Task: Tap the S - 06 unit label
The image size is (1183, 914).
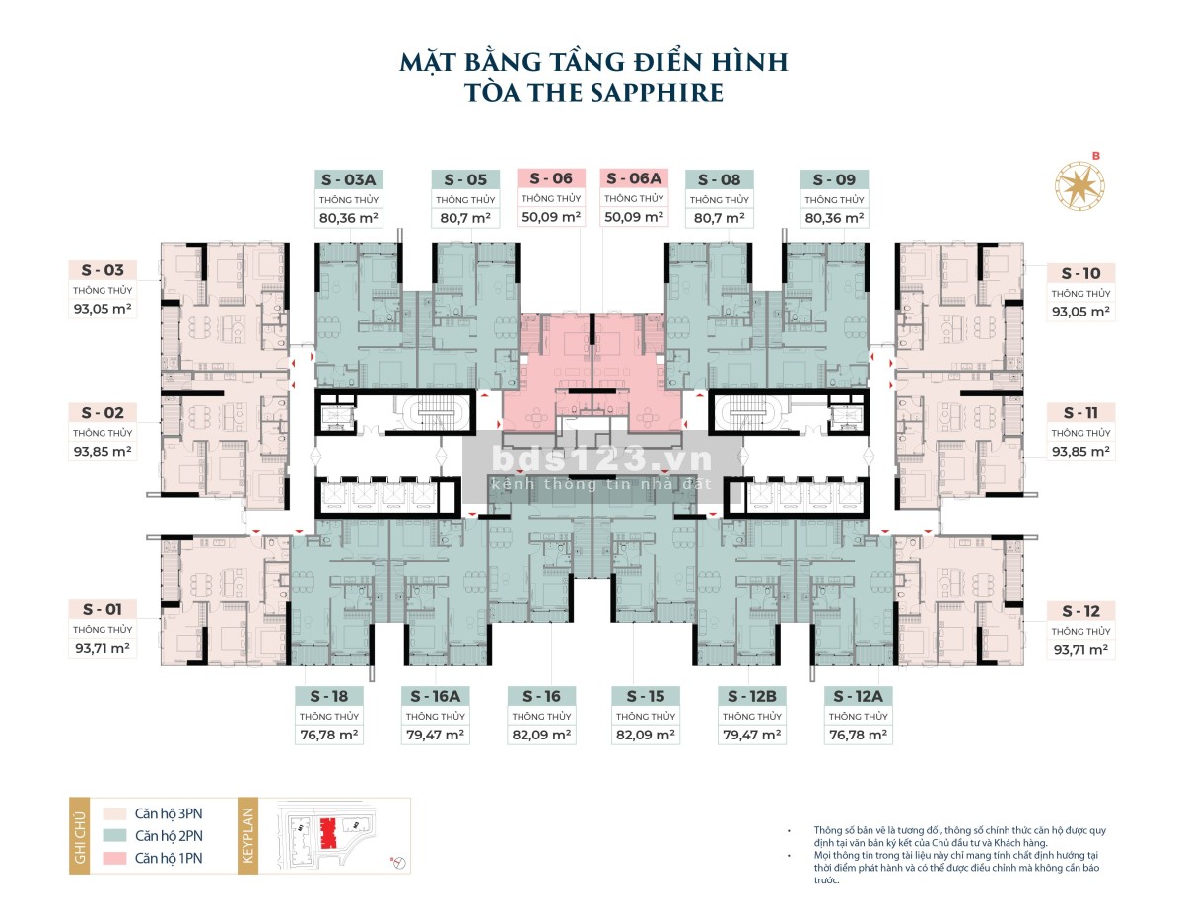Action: click(x=550, y=178)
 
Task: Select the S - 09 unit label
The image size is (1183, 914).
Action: click(x=834, y=179)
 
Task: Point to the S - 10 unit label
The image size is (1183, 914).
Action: click(x=1080, y=273)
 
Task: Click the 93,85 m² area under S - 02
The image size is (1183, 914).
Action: click(x=102, y=452)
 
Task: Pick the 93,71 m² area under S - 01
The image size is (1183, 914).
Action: click(x=102, y=649)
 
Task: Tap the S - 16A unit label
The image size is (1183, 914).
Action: click(x=435, y=696)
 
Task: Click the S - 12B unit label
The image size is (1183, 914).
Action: click(x=751, y=696)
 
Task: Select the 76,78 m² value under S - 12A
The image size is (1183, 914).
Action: click(x=857, y=735)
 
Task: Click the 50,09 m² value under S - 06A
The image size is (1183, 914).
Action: click(x=635, y=217)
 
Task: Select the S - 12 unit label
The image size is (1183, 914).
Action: click(x=1080, y=611)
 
